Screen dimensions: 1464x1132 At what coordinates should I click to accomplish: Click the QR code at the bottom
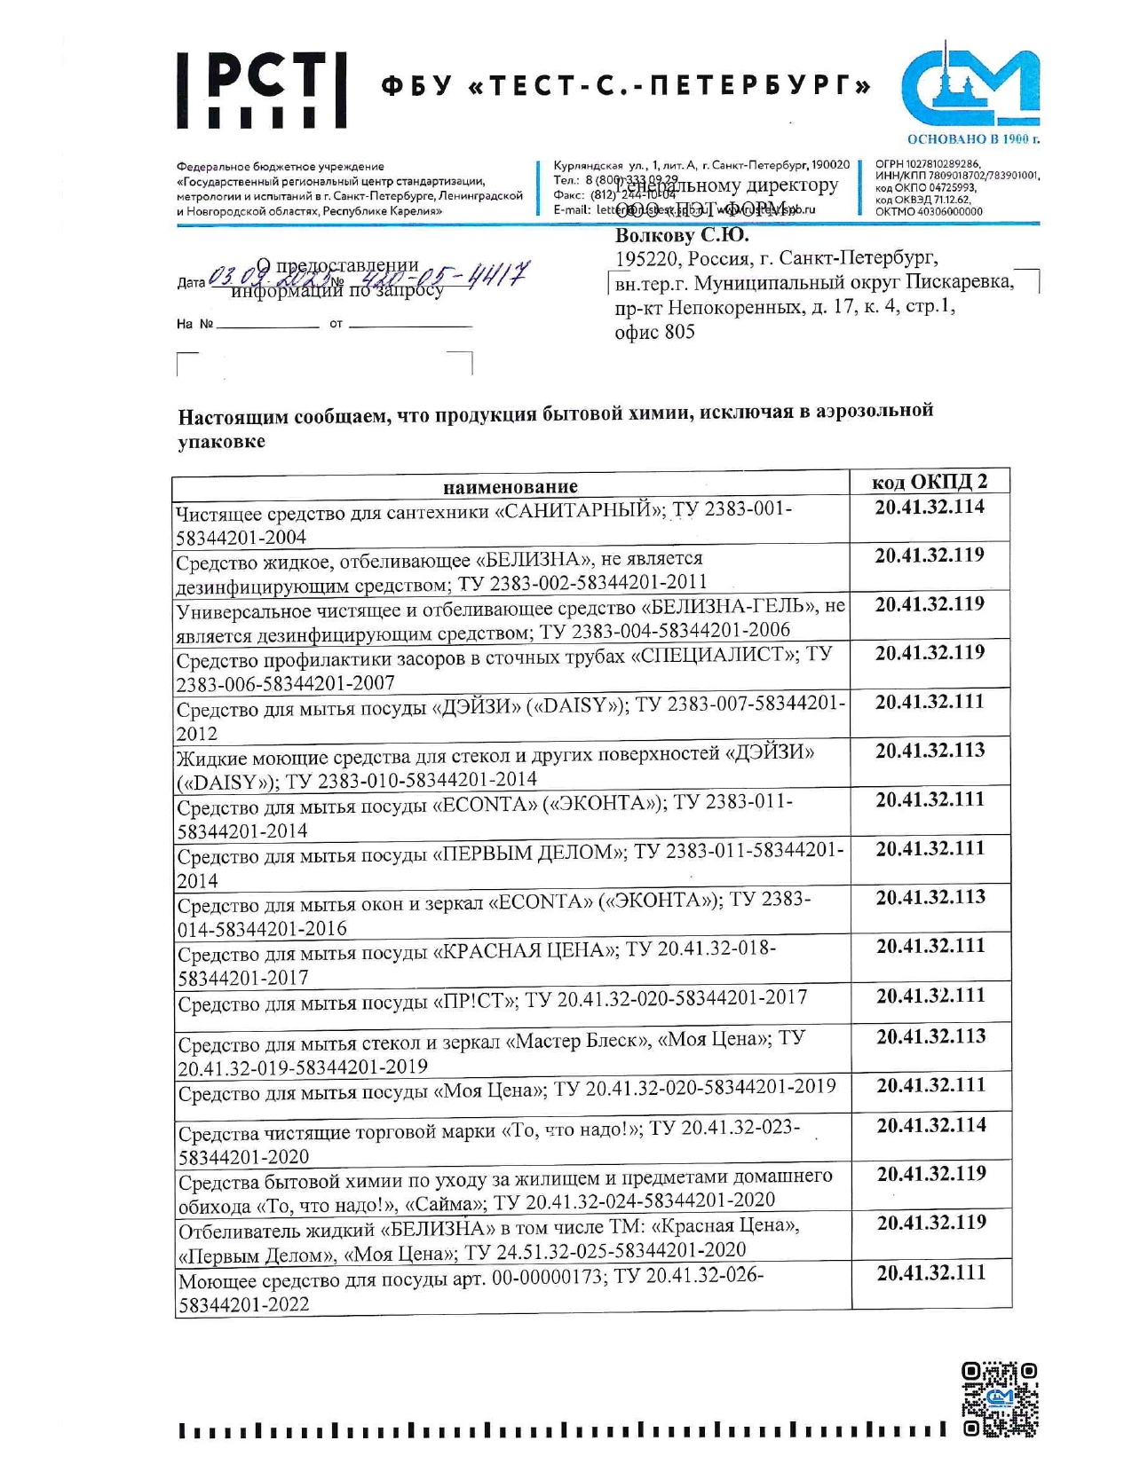1000,1399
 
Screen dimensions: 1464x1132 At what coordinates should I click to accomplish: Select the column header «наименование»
510,486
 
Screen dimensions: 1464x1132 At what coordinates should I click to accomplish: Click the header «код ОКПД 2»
929,482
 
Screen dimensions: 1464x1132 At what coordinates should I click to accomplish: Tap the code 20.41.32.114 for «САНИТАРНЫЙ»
930,507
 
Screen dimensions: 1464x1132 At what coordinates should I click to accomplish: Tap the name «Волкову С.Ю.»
682,236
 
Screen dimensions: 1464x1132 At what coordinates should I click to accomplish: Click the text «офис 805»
654,332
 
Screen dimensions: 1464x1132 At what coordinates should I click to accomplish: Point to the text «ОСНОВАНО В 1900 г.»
973,139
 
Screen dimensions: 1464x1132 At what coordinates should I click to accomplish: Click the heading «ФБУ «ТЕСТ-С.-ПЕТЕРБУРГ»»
626,86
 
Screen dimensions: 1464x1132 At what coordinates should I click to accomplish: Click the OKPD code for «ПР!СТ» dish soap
930,996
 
